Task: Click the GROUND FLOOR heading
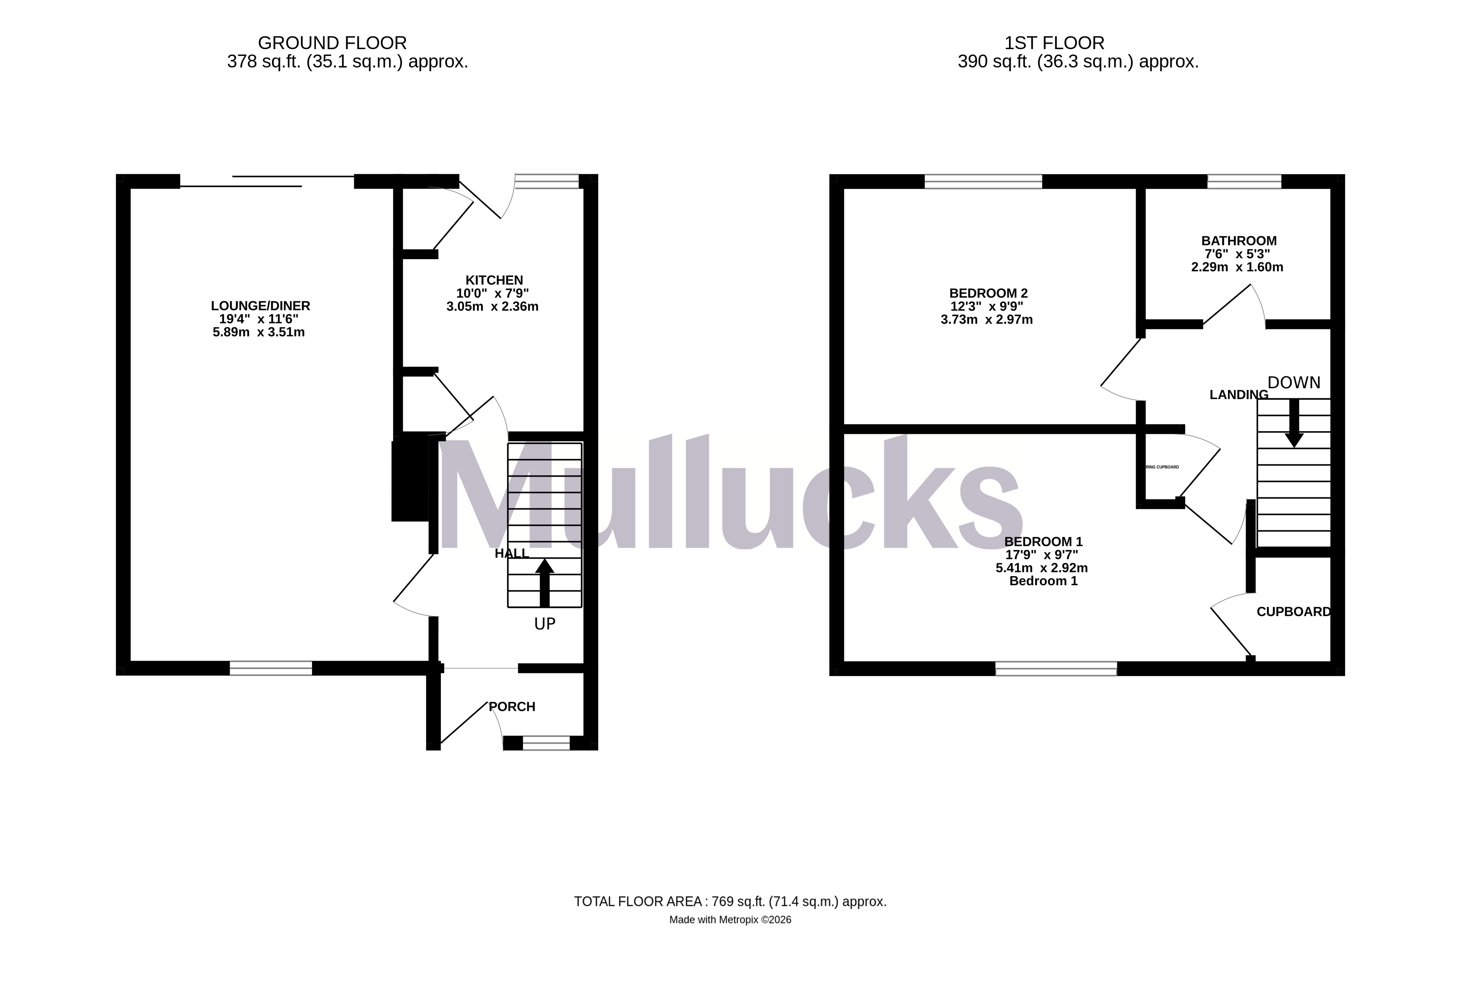coord(332,43)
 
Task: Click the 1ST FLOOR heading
coord(1054,43)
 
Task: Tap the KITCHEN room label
coord(494,280)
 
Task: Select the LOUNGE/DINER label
coord(260,306)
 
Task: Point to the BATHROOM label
coord(1239,241)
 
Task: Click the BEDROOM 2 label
coord(988,293)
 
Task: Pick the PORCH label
coord(512,706)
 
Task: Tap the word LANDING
coord(1239,395)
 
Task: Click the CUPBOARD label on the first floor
coord(1293,612)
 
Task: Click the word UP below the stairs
coord(544,624)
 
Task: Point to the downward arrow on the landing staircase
coord(1294,424)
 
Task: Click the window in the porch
coord(546,743)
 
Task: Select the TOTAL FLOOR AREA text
coord(730,901)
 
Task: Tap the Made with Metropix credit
coord(730,920)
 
